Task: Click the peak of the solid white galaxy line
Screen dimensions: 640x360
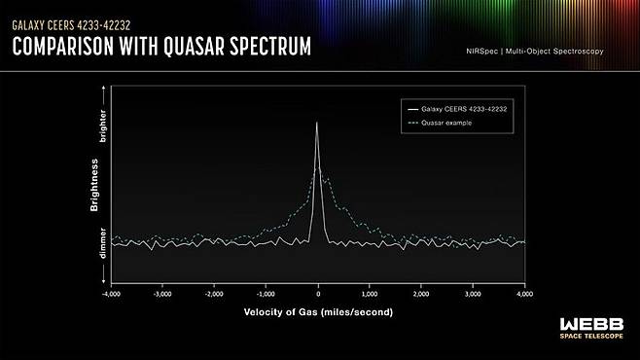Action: (317, 123)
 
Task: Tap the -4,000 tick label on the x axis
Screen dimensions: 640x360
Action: (111, 294)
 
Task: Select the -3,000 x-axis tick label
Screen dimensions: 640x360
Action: (162, 294)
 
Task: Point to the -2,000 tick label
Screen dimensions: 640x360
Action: (214, 294)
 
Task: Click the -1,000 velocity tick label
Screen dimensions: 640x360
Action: (266, 294)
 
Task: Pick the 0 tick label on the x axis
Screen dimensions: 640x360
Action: (318, 294)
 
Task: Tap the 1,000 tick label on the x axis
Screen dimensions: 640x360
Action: (370, 294)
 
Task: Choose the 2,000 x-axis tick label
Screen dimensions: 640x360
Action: (421, 294)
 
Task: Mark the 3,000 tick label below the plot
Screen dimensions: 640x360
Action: (473, 294)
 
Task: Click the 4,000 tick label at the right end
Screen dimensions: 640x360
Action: (525, 294)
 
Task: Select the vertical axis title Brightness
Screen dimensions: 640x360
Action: (94, 185)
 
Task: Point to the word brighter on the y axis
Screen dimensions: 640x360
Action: (103, 126)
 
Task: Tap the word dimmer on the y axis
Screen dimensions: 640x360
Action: (103, 243)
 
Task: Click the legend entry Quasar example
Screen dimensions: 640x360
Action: (446, 123)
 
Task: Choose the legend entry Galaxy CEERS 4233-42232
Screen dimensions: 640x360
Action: (464, 109)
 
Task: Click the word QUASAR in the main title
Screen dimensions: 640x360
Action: (195, 46)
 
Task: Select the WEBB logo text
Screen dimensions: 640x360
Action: (591, 325)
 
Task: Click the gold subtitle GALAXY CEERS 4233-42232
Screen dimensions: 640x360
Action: (71, 25)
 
